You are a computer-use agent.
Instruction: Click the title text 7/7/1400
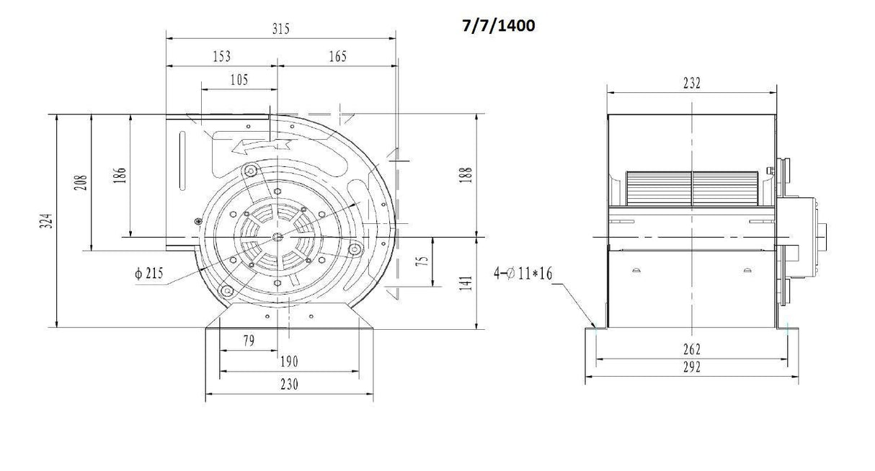point(498,26)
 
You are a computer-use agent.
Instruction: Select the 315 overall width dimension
point(280,30)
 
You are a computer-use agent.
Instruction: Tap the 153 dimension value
point(222,56)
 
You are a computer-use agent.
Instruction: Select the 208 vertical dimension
point(81,181)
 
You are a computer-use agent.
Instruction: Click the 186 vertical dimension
point(120,174)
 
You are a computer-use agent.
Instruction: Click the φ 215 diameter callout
point(148,273)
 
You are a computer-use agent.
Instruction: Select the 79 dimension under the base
point(247,341)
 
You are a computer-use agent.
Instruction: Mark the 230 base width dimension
point(289,385)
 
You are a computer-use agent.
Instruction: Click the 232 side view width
point(690,83)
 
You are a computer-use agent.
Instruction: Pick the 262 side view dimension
point(690,349)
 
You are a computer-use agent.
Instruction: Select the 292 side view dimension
point(690,368)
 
